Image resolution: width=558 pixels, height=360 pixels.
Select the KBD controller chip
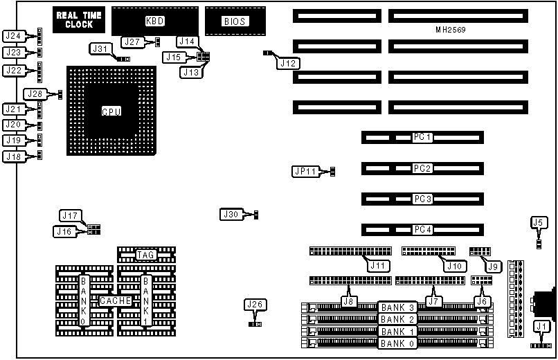(154, 21)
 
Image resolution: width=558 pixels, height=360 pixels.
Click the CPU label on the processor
(111, 111)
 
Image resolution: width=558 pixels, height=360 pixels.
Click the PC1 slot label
(422, 138)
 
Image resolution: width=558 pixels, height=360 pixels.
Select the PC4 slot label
(422, 229)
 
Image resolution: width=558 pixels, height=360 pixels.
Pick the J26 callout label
(255, 304)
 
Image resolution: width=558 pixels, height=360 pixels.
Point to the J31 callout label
(101, 48)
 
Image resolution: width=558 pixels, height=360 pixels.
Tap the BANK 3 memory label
(397, 307)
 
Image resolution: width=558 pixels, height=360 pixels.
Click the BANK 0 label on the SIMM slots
(397, 343)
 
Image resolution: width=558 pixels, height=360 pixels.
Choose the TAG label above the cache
(145, 255)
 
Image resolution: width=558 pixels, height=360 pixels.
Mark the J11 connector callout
(379, 266)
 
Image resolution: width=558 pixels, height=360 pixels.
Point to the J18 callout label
(14, 156)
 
